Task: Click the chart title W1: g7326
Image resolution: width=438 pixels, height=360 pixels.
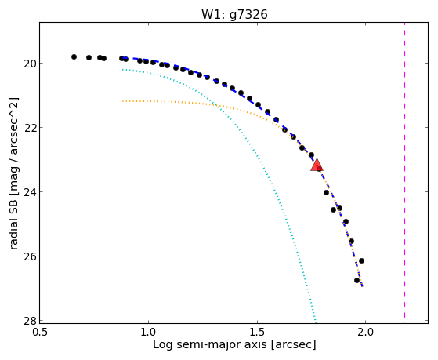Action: coord(234,14)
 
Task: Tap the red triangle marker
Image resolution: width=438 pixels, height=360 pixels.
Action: coord(317,165)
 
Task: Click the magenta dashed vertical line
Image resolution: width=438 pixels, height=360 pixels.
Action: coord(404,170)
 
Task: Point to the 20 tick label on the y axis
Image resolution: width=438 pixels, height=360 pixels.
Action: coord(30,64)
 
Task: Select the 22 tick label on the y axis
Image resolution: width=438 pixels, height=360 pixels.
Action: coord(30,128)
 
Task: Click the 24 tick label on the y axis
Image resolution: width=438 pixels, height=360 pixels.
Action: coord(30,192)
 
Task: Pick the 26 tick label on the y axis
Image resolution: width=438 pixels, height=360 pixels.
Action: coord(30,256)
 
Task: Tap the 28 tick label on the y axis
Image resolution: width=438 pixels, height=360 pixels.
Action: coord(30,321)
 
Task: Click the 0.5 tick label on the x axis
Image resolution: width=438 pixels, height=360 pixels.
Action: coord(40,332)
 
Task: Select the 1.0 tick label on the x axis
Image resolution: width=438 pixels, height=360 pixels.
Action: coord(148,332)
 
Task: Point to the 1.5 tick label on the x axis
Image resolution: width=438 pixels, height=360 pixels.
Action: coord(257,332)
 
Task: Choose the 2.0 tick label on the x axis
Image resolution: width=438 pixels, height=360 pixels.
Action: coord(365,332)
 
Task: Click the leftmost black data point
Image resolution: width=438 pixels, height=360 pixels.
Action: coord(74,56)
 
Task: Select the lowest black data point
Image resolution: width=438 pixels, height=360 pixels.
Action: coord(357,280)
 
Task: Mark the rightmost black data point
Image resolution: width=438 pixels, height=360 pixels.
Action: coord(361,260)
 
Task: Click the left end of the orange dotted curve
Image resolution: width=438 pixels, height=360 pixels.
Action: coord(123,100)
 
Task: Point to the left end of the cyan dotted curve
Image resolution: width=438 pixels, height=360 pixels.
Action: coord(123,69)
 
